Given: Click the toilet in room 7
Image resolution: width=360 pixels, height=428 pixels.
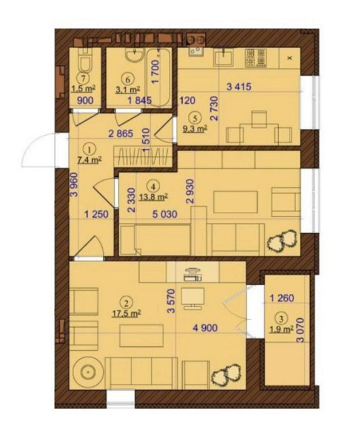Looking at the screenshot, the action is click(84, 61).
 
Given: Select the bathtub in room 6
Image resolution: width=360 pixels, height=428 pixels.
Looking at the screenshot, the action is click(159, 78).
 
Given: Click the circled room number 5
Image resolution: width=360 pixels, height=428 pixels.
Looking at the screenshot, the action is click(196, 118).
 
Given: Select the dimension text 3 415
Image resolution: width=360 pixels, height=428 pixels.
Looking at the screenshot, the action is click(239, 87).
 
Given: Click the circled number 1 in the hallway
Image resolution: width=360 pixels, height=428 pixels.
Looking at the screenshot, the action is click(90, 149).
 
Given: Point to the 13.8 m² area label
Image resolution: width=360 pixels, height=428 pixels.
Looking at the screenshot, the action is click(153, 197).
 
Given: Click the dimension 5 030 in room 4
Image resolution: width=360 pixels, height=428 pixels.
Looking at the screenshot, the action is click(165, 214).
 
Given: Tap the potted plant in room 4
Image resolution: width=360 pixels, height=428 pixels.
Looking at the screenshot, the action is click(283, 240).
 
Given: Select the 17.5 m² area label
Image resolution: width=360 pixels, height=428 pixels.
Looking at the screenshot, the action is click(127, 314).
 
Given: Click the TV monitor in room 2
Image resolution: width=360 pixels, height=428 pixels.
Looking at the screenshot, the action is click(192, 298).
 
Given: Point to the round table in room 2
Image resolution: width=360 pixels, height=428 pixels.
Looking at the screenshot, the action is click(88, 372).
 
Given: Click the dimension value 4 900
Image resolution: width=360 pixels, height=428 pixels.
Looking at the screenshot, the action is click(205, 328).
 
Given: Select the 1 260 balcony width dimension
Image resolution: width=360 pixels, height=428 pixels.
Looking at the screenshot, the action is click(282, 298).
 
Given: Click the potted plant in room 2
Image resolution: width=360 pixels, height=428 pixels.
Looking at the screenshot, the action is click(226, 376).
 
